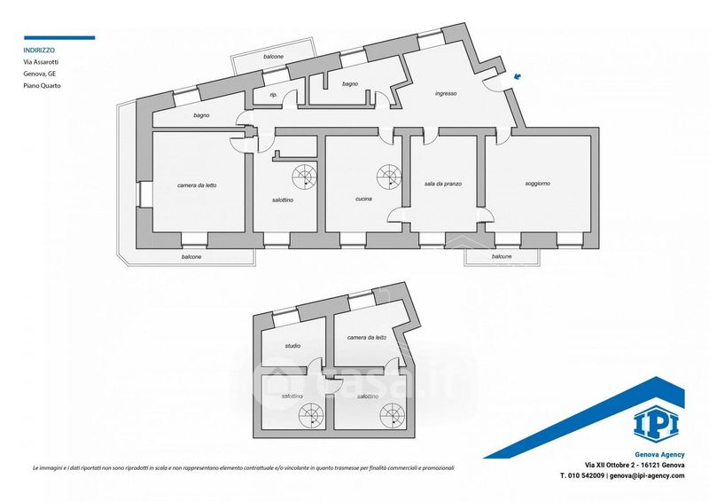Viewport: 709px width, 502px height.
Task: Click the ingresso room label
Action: (x=446, y=93)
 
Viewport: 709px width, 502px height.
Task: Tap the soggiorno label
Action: (x=537, y=184)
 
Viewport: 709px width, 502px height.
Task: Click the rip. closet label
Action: (x=273, y=94)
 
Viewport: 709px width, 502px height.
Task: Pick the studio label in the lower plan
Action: (x=292, y=346)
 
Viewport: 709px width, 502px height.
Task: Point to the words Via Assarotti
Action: (x=43, y=62)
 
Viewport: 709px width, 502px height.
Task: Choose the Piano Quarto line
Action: (x=42, y=86)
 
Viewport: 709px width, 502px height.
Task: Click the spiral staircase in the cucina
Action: (x=387, y=174)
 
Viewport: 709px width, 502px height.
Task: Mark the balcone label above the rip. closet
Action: (x=273, y=57)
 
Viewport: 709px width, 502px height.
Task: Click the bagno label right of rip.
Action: (x=350, y=83)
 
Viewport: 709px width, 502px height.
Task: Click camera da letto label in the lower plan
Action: (x=367, y=338)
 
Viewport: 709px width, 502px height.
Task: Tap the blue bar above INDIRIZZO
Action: (x=58, y=37)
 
